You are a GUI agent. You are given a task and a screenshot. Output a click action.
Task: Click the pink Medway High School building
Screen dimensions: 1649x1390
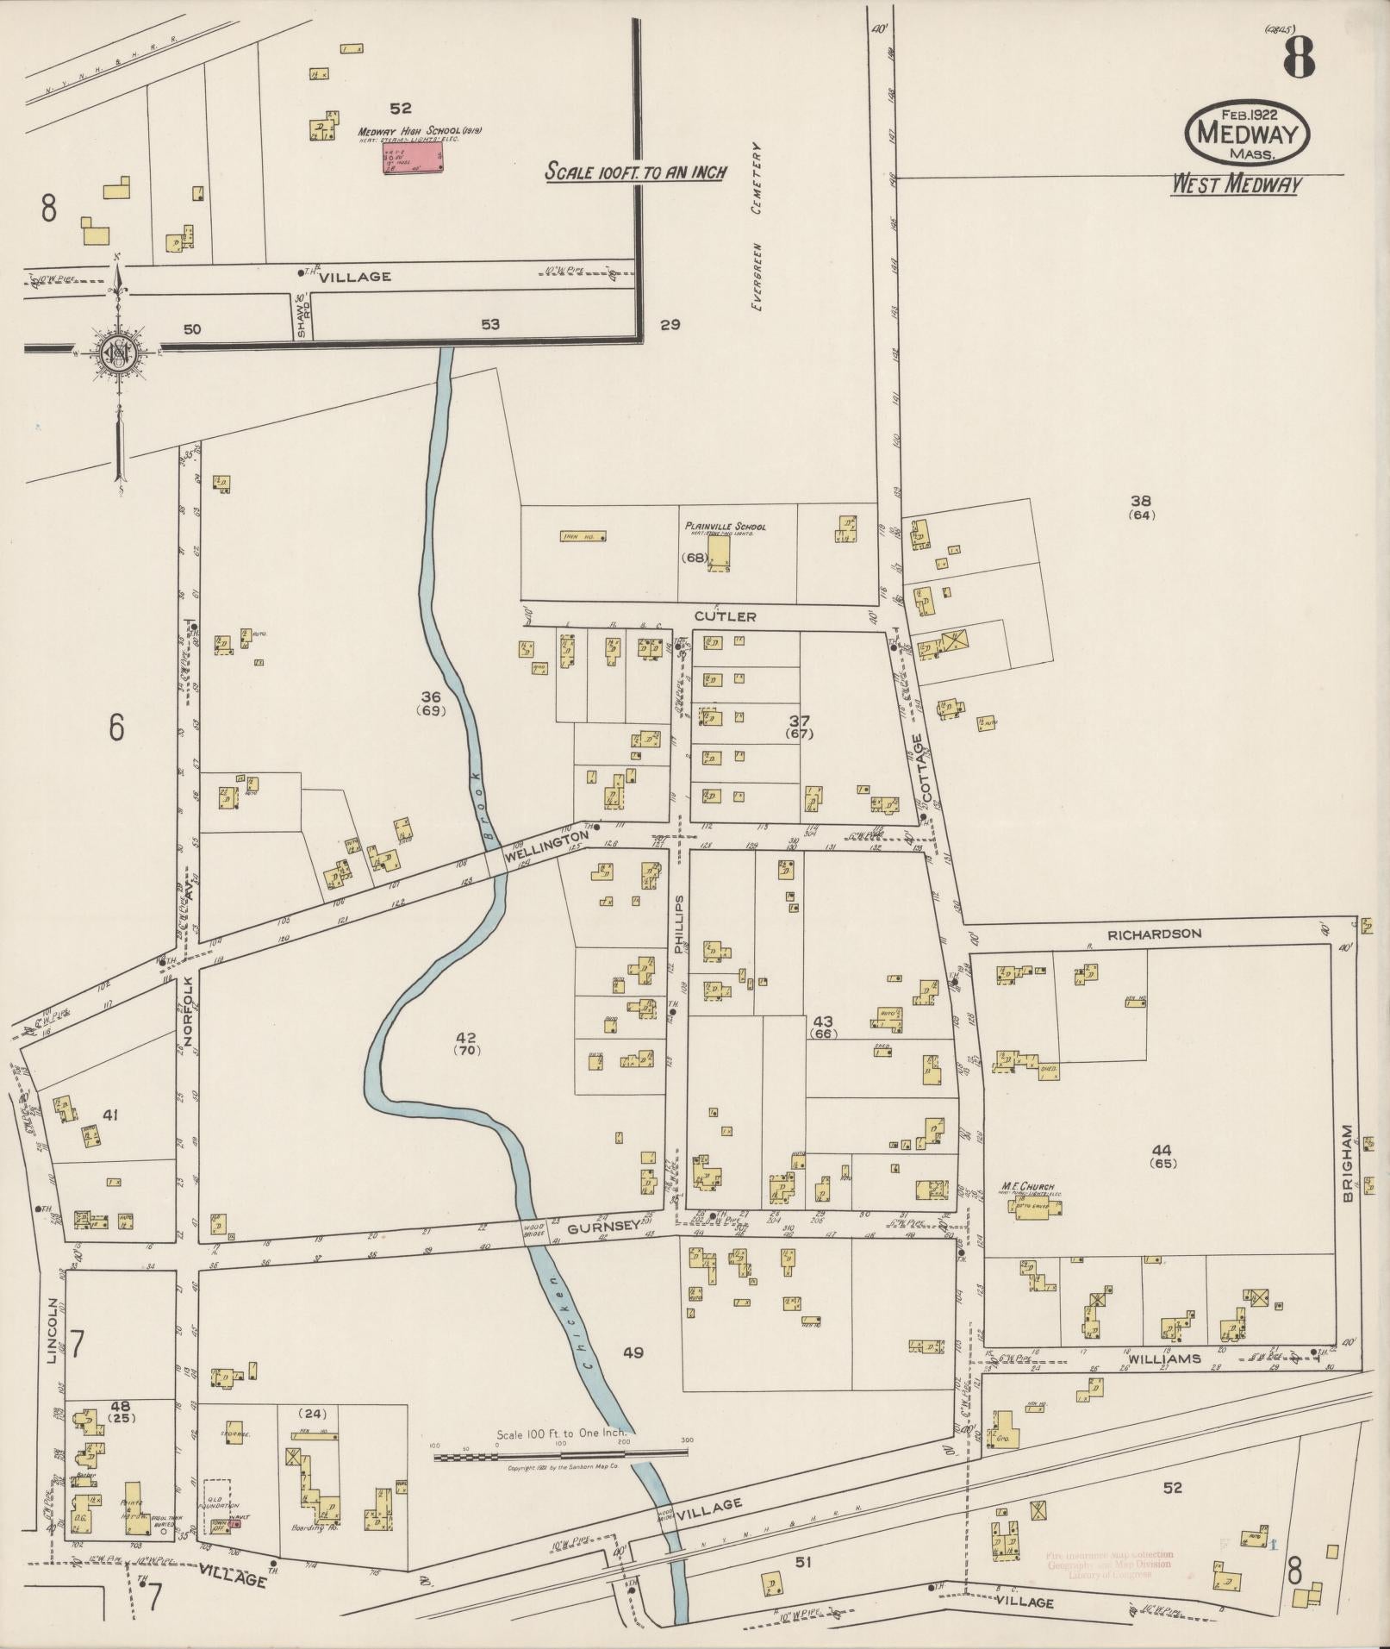click(410, 158)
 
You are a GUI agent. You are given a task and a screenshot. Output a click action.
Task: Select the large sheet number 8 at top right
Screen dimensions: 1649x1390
click(1298, 59)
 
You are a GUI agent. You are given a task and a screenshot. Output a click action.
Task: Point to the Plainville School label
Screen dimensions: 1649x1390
click(725, 526)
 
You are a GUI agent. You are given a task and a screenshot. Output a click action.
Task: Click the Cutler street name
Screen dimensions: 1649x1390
click(735, 616)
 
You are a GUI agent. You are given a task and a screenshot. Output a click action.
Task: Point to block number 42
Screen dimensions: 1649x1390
click(466, 1037)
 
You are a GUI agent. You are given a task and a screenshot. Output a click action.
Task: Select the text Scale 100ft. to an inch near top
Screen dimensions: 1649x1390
click(636, 172)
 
